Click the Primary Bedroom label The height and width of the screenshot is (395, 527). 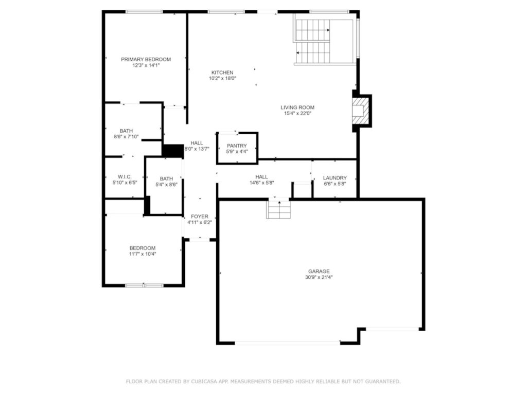tap(146, 59)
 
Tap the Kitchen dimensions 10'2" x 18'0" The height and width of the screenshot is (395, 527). tap(222, 79)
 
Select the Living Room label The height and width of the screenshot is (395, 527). tap(297, 107)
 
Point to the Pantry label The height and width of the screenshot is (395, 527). tap(237, 146)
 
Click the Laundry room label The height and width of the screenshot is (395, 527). tap(335, 178)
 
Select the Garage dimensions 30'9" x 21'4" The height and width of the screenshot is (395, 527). tap(319, 277)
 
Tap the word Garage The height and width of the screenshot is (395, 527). tap(319, 271)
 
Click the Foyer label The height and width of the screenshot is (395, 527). tap(200, 216)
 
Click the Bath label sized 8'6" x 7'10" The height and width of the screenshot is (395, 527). tap(126, 131)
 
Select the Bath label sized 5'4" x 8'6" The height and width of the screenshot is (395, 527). tap(166, 178)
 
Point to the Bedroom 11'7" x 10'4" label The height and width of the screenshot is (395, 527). tap(143, 248)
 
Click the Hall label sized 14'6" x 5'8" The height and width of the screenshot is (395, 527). tap(261, 176)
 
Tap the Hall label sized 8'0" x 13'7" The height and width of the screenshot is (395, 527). tap(197, 143)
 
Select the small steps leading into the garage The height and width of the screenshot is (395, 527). tap(278, 209)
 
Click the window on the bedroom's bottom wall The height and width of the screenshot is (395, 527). tap(144, 285)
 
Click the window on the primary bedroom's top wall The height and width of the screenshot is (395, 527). tap(144, 12)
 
